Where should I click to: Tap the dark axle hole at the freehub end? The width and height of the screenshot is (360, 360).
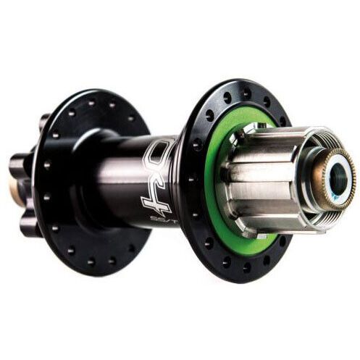pos(335,176)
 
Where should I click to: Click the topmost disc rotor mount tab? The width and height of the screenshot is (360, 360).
pos(43,120)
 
